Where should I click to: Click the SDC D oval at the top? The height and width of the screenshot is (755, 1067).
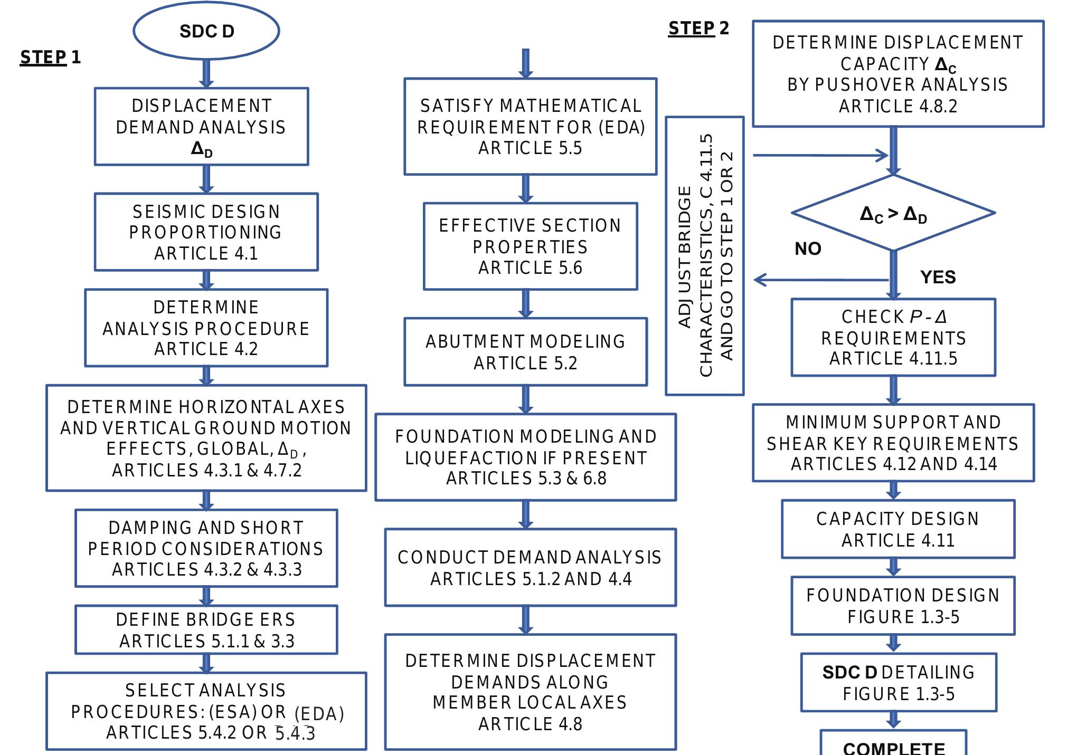206,31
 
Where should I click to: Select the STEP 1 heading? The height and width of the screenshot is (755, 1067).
50,57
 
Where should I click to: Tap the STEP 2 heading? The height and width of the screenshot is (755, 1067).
698,28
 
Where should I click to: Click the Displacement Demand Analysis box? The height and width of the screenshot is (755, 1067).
201,127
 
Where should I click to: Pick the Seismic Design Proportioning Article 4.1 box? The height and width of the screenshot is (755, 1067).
206,232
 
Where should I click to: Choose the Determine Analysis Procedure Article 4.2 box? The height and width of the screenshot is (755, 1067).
206,328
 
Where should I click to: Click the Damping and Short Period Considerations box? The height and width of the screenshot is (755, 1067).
206,548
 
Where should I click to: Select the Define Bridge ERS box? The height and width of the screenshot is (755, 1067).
206,629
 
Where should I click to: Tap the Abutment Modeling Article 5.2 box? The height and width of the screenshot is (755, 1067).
525,352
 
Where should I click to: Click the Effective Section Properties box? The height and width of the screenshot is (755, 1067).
530,246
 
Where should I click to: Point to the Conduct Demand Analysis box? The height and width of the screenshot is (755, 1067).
530,567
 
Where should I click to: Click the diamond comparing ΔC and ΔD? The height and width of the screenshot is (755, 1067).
893,213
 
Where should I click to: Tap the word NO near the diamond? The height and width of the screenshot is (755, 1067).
808,249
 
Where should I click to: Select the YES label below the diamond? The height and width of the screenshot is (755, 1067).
938,277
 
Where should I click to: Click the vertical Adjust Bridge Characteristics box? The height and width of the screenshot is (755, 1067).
704,256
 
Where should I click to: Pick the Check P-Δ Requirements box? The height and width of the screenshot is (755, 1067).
893,338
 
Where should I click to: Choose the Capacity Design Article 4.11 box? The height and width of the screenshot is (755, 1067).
898,529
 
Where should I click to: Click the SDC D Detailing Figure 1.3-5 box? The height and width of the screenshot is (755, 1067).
899,683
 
